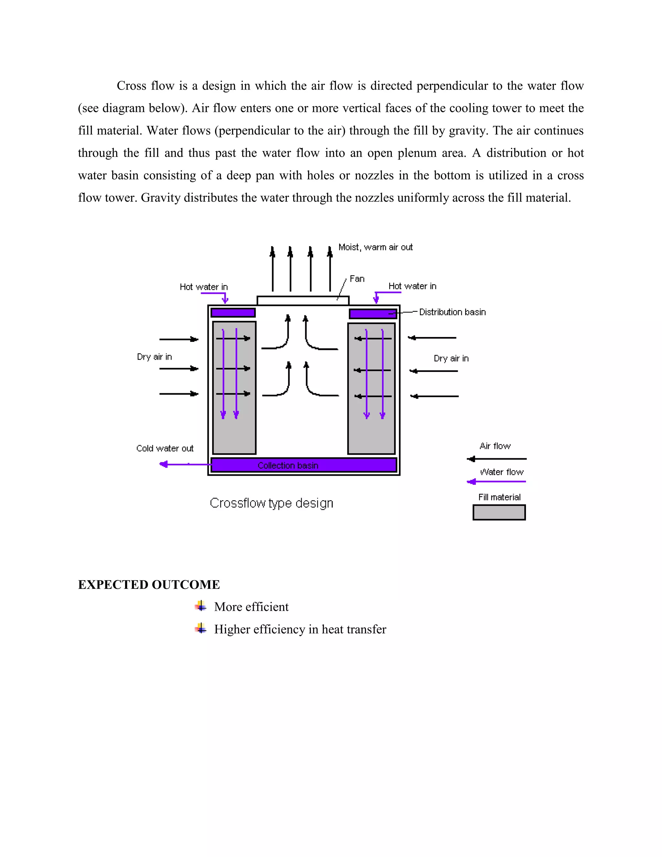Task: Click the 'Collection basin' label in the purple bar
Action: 288,465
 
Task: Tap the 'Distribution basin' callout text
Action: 452,312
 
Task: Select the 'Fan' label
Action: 357,279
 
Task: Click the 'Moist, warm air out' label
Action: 375,247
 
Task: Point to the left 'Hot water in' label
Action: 204,287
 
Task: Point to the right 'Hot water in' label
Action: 412,286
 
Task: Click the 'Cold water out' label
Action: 165,448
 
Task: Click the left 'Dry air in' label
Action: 154,357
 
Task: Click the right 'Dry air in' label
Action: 451,358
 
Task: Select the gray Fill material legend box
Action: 499,513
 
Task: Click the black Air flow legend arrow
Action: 496,459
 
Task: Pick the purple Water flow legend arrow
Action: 496,482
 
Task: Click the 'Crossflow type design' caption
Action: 272,503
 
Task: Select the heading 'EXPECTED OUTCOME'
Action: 149,585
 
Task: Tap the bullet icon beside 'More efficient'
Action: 201,606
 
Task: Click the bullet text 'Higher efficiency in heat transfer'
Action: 300,629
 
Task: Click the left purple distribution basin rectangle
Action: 233,313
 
